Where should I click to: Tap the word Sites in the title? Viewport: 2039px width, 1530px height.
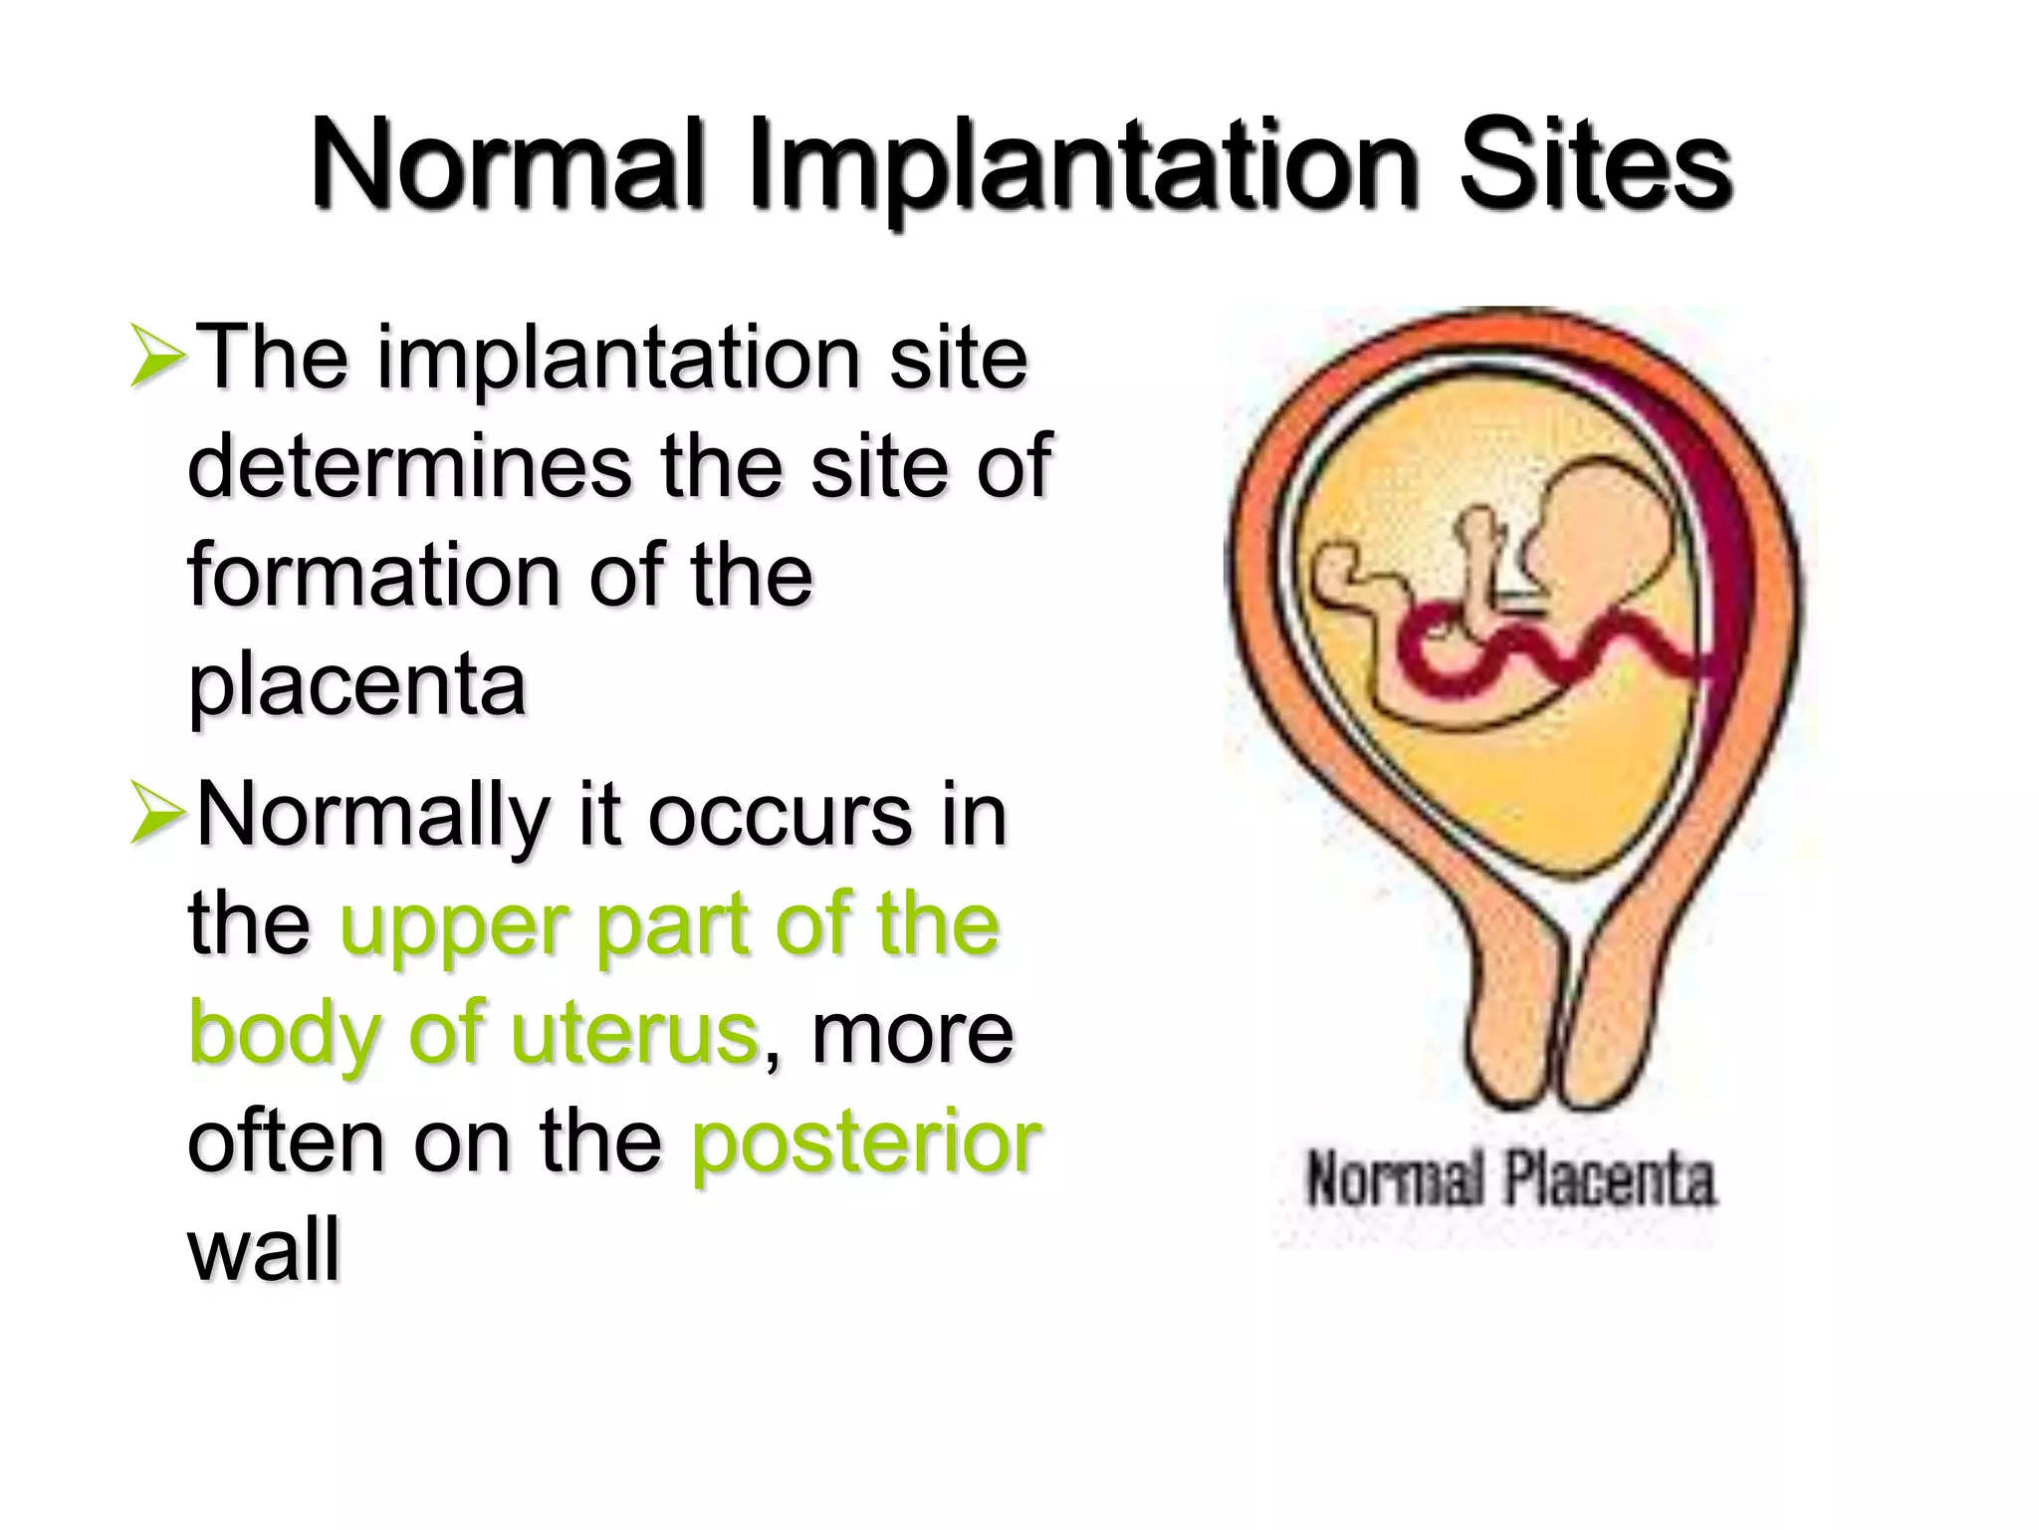1595,164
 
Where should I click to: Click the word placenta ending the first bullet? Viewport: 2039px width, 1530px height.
356,687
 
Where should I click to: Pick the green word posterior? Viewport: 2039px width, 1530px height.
866,1143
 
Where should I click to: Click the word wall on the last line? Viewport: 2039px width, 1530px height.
264,1250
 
